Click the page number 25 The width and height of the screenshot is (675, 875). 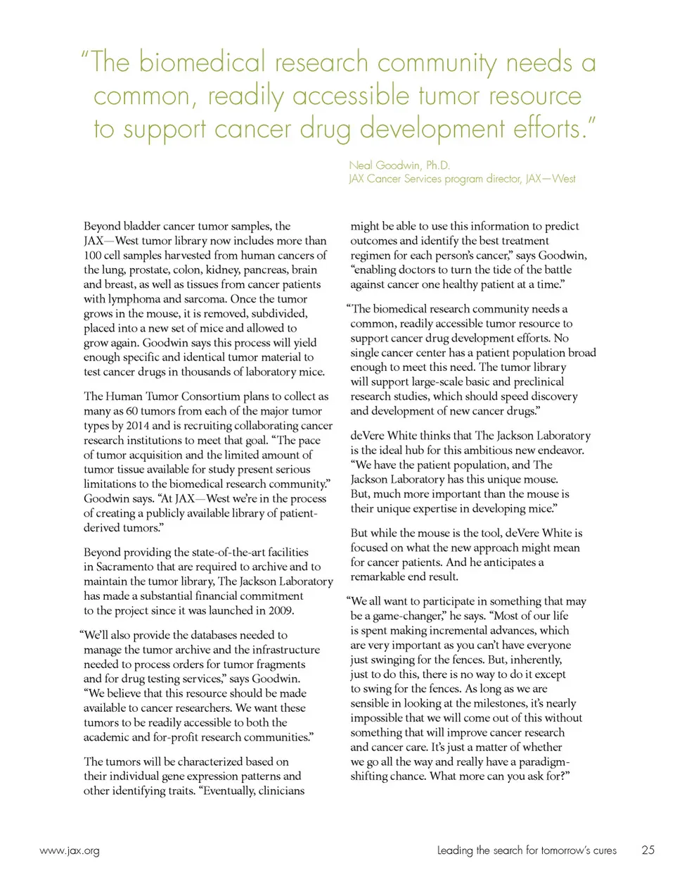pyautogui.click(x=648, y=850)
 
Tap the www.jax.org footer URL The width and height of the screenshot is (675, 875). pyautogui.click(x=70, y=850)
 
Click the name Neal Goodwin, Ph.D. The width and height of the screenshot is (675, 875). pyautogui.click(x=399, y=165)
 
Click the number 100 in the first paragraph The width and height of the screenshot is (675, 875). pyautogui.click(x=93, y=255)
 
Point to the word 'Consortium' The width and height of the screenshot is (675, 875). pyautogui.click(x=223, y=396)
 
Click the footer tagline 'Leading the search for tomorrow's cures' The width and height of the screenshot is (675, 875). pyautogui.click(x=526, y=850)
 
